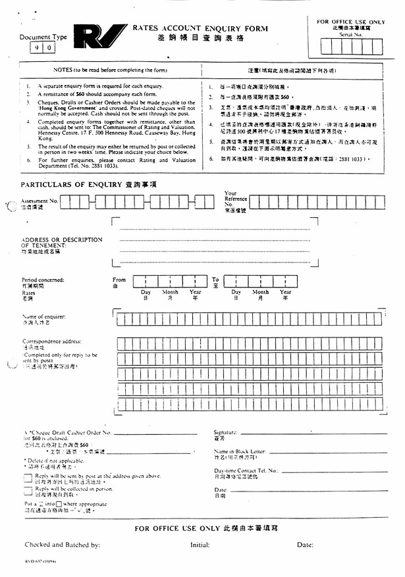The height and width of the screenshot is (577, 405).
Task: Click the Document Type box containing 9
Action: pyautogui.click(x=35, y=49)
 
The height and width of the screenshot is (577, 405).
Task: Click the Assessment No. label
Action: pyautogui.click(x=40, y=199)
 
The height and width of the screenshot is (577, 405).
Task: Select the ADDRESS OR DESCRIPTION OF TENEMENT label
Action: pyautogui.click(x=62, y=242)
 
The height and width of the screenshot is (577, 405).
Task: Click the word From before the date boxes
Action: pyautogui.click(x=119, y=280)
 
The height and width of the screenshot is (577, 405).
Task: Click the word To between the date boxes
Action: pyautogui.click(x=215, y=280)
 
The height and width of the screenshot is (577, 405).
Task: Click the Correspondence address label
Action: pyautogui.click(x=52, y=341)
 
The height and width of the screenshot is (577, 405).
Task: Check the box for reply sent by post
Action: pyautogui.click(x=27, y=477)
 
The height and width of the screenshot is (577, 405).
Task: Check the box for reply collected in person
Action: pyautogui.click(x=27, y=490)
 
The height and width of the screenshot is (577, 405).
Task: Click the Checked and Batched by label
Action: pyautogui.click(x=62, y=545)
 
